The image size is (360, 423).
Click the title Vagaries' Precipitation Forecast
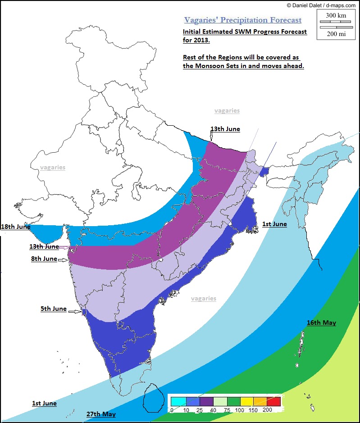243,20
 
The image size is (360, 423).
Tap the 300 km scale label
336,15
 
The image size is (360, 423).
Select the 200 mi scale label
336,33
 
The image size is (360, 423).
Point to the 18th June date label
15,227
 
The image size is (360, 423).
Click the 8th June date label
44,259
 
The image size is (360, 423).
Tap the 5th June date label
53,309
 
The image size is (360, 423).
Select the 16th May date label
321,323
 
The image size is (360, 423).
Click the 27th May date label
101,414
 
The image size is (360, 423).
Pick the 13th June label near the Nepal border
225,129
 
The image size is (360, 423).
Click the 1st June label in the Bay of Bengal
274,224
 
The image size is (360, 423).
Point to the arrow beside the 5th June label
75,311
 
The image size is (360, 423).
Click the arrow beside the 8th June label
63,260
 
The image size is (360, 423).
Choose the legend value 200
267,410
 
